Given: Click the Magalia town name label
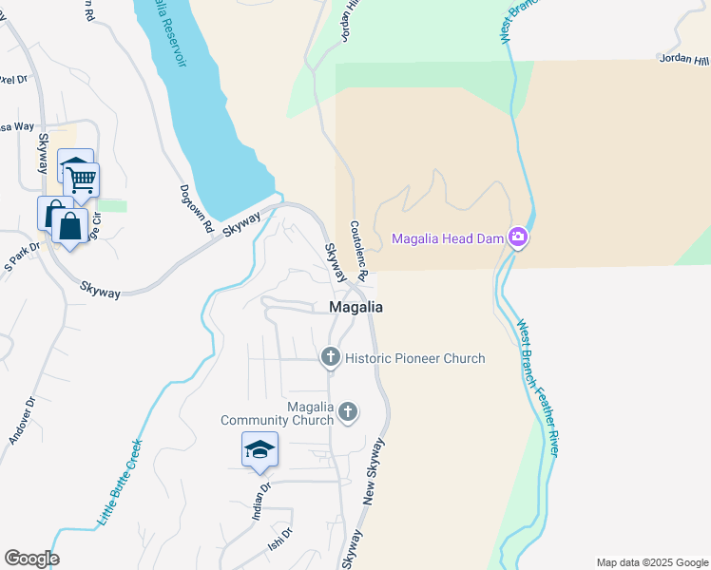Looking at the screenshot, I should coord(355,307).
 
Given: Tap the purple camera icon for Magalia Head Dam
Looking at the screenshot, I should coord(518,237).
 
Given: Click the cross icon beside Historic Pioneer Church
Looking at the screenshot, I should coord(330,358).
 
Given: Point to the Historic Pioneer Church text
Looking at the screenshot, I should coord(414,358).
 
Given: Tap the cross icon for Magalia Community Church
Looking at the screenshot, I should coord(348,411).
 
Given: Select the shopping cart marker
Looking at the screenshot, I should coord(82,178).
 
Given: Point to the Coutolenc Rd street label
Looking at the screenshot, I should coord(357,248).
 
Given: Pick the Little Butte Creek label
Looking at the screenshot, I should coord(120,483).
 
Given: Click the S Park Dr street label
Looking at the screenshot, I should coord(22,255).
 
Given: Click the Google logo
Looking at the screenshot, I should coord(31,559).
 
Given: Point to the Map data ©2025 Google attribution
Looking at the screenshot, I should coord(651,562).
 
